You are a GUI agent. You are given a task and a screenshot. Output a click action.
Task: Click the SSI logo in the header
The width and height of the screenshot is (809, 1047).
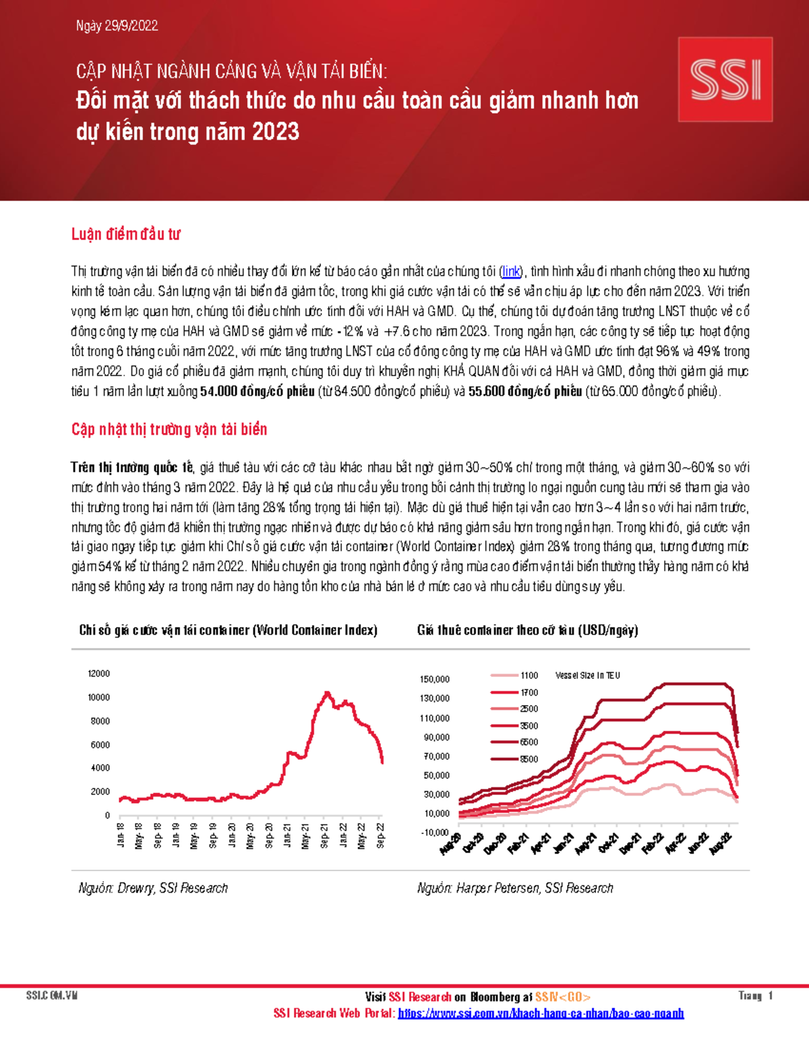pyautogui.click(x=725, y=80)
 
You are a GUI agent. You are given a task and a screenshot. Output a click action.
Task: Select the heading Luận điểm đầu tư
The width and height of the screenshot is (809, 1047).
pyautogui.click(x=125, y=234)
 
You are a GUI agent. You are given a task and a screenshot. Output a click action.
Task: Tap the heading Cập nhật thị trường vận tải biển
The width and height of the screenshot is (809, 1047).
pyautogui.click(x=169, y=429)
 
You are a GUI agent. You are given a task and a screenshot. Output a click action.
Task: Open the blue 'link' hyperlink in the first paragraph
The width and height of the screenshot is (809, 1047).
pyautogui.click(x=510, y=272)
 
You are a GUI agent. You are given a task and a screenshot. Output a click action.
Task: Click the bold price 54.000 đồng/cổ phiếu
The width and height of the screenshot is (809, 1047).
pyautogui.click(x=258, y=392)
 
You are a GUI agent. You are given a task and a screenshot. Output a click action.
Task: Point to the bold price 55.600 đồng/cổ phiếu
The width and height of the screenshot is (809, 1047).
pyautogui.click(x=525, y=392)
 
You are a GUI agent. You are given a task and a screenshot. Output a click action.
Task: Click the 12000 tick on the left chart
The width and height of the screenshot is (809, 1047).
pyautogui.click(x=98, y=674)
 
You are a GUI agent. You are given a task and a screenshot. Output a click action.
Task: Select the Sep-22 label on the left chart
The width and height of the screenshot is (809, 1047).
pyautogui.click(x=381, y=835)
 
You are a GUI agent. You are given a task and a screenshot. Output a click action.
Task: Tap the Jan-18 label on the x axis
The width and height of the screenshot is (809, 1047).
pyautogui.click(x=121, y=835)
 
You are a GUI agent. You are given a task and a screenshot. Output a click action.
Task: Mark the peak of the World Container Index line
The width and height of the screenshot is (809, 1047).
pyautogui.click(x=327, y=693)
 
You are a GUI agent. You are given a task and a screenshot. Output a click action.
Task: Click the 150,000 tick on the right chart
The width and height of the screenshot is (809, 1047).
pyautogui.click(x=434, y=680)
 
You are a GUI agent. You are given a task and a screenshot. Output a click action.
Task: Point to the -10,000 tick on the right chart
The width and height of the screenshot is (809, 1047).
pyautogui.click(x=434, y=833)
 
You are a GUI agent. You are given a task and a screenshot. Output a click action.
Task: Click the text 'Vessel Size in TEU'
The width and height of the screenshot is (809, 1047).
pyautogui.click(x=587, y=676)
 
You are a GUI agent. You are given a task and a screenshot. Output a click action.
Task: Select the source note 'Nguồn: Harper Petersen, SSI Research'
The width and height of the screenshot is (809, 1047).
pyautogui.click(x=515, y=889)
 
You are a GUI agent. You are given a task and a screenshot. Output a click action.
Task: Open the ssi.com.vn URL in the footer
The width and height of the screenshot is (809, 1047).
pyautogui.click(x=541, y=1013)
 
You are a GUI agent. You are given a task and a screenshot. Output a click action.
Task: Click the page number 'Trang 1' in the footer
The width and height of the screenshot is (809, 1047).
pyautogui.click(x=755, y=996)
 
